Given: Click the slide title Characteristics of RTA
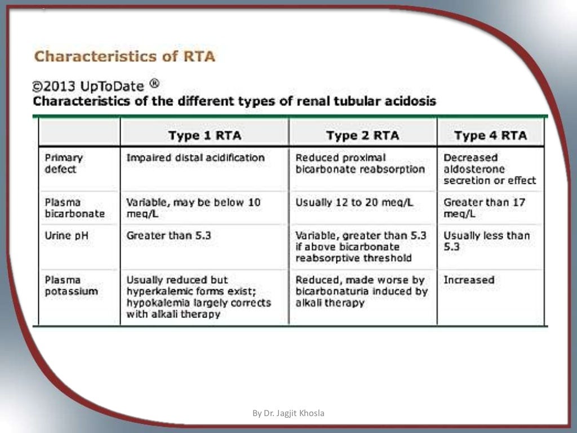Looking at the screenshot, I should point(125,57).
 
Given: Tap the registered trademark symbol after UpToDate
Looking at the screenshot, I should point(154,84).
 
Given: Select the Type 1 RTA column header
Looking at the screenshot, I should point(205,135).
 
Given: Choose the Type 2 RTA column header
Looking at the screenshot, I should point(362,135).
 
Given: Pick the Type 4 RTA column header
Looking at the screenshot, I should point(490,135).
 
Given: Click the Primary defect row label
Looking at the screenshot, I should point(63,164).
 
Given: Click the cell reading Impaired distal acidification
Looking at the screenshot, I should point(195,158).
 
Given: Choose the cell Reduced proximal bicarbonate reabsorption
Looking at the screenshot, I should point(360,164).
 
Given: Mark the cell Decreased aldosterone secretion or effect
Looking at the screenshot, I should point(490,169).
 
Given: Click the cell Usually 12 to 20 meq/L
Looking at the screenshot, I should point(354,202).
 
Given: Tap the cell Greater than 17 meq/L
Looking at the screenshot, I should point(484,208).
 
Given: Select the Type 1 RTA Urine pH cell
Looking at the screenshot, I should point(168,236).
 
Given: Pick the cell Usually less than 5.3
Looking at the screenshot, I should point(486,241).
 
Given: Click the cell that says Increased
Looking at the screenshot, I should point(469,280).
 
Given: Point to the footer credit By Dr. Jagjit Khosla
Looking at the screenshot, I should point(288,413).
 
